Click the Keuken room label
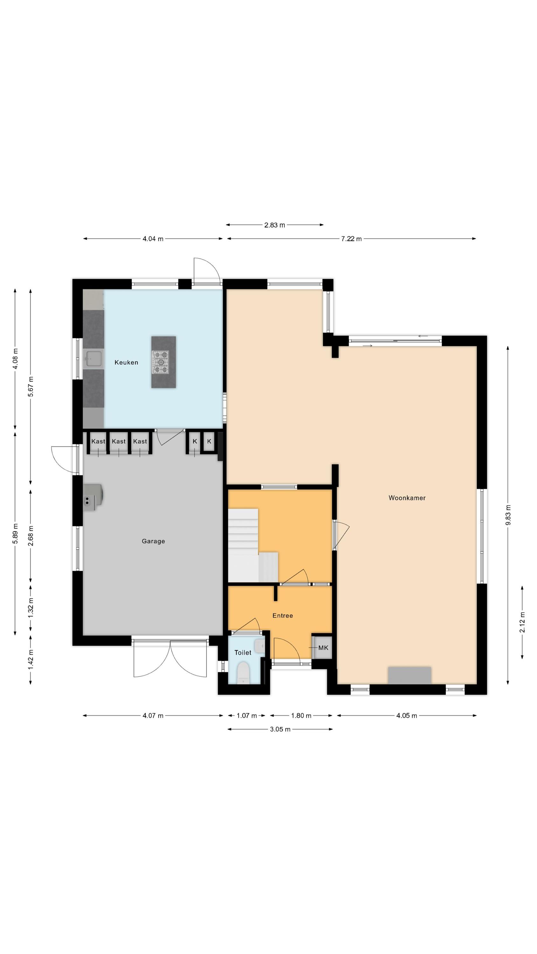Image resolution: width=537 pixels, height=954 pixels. coord(126,362)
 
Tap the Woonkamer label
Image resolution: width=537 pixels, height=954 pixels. coord(407,498)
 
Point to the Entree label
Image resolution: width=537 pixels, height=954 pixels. coord(282,616)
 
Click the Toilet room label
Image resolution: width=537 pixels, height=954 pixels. coord(243,653)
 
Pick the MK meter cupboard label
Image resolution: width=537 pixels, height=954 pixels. coord(323,648)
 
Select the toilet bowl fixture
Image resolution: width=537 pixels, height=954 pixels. coord(243,673)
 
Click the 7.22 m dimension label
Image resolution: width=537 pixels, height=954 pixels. coord(351,239)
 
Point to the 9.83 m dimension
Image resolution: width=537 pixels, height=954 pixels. coord(508,515)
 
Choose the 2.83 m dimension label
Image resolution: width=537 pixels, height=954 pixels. coord(274,225)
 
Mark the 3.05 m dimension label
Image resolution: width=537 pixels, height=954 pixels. coord(280,729)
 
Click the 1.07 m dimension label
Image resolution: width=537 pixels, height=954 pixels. coord(247,715)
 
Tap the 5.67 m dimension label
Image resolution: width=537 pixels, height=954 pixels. coord(31,387)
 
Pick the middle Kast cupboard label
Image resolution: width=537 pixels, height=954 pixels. coord(119,441)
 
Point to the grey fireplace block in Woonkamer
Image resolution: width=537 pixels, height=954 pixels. coord(409,675)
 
